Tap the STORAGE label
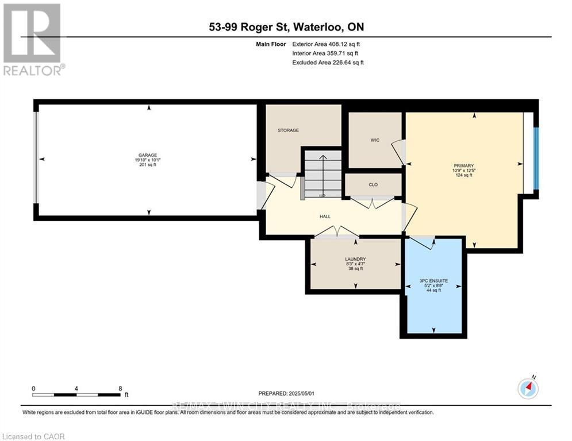point(289,130)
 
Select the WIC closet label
point(375,140)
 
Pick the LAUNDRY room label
point(356,259)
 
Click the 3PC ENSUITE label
point(433,280)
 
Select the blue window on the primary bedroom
point(536,158)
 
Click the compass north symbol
point(527,389)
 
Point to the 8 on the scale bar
point(120,388)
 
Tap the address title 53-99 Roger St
point(286,27)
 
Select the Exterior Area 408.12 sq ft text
point(326,44)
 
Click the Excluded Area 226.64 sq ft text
point(328,62)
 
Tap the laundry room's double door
point(336,232)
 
